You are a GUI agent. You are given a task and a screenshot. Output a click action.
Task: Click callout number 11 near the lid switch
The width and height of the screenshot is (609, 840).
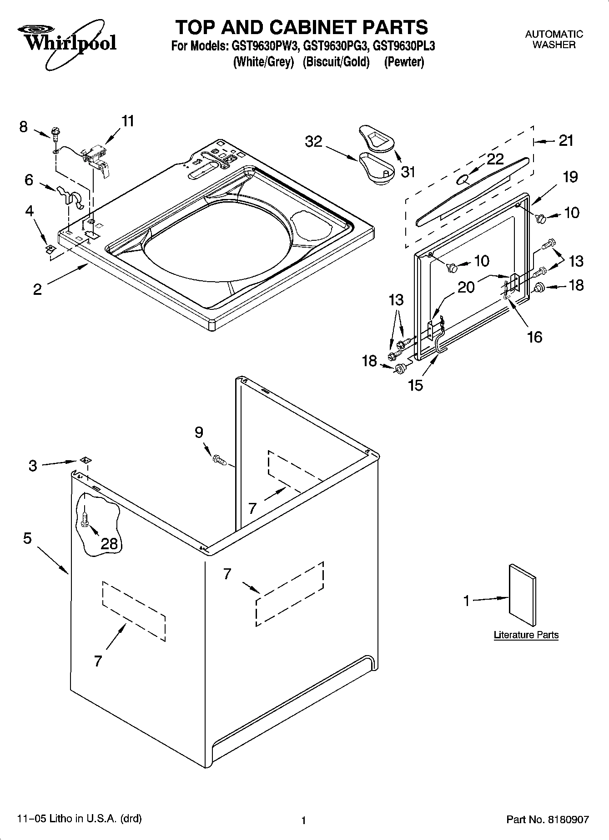128,121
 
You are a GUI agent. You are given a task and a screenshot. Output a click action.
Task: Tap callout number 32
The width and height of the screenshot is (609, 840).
313,142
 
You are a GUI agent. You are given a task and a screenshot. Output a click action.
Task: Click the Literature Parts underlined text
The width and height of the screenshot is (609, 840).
526,635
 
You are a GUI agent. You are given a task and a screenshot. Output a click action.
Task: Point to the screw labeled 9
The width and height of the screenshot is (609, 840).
220,460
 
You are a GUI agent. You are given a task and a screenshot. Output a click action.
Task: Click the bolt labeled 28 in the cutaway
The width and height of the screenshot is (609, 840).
86,519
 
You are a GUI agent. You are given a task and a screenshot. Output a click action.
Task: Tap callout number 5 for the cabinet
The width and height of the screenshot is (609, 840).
27,539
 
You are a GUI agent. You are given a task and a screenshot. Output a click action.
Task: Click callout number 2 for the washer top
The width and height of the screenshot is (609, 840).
37,289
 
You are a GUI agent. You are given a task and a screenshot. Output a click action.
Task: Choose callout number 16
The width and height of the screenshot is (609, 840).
534,337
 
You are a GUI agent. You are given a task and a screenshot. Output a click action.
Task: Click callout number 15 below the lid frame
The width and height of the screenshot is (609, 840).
415,385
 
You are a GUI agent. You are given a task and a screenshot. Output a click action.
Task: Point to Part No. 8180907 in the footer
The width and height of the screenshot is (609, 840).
548,820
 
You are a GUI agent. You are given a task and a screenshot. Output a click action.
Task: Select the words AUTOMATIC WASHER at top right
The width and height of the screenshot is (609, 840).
554,40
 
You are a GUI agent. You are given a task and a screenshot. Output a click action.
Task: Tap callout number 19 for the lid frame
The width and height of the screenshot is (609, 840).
570,177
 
